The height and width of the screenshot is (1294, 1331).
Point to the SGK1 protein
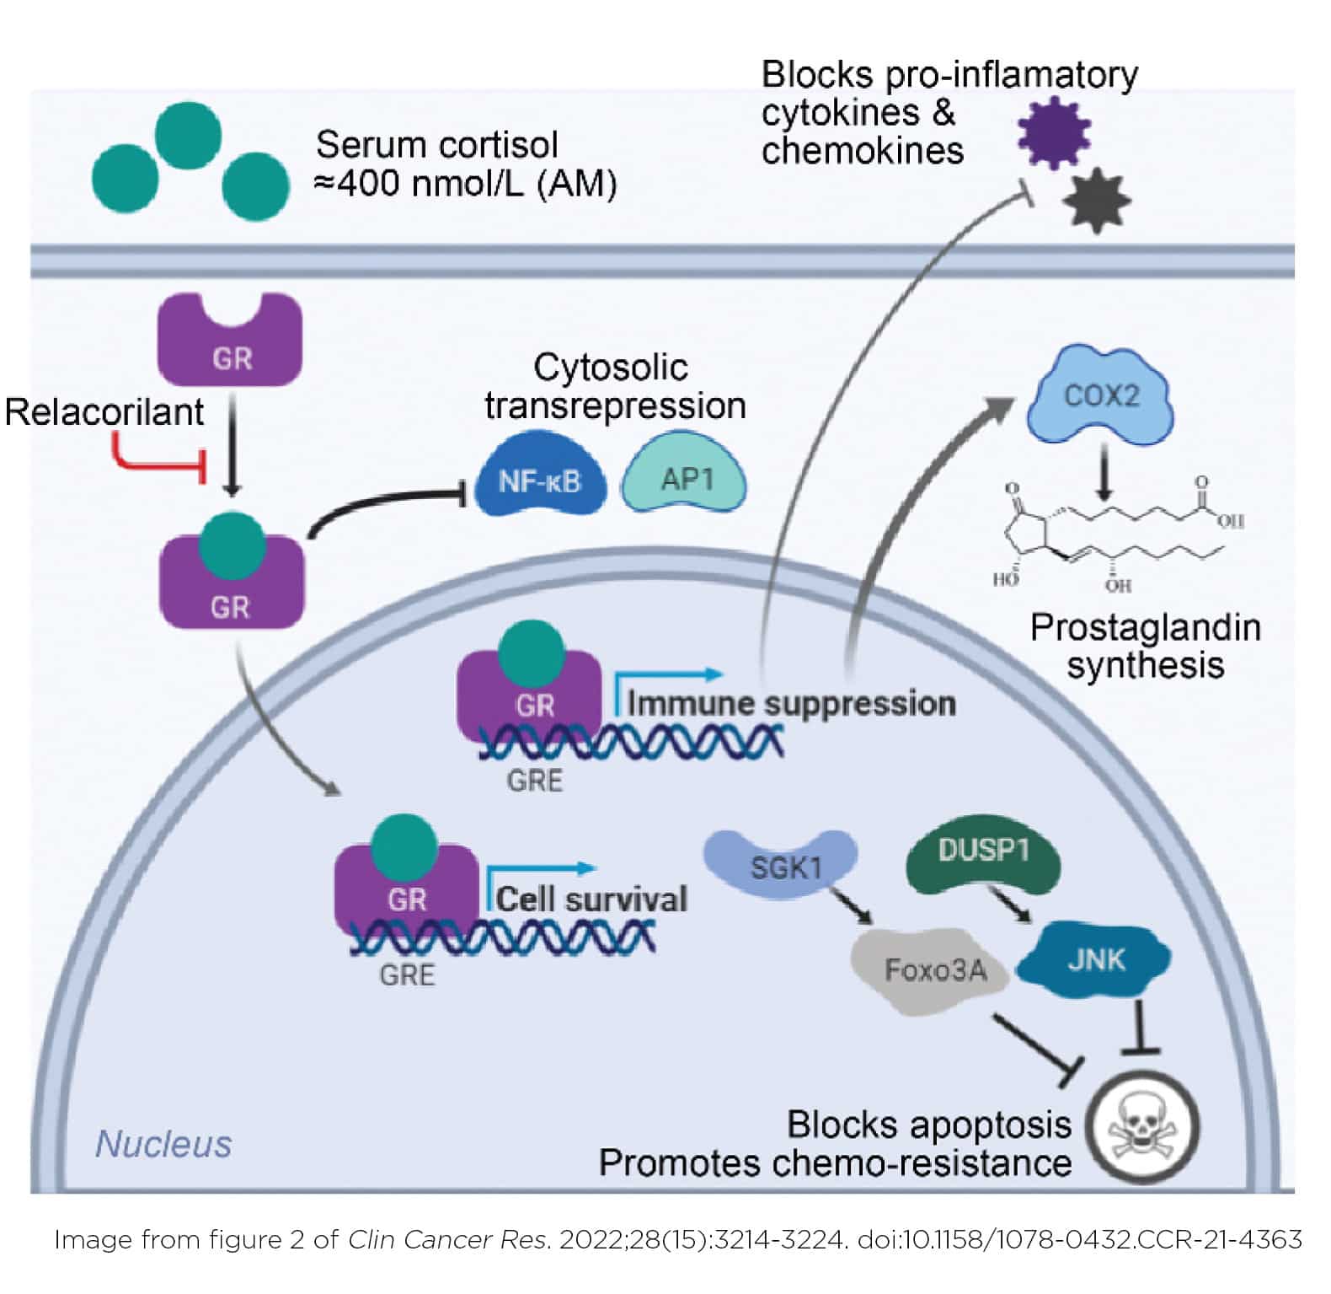pos(780,863)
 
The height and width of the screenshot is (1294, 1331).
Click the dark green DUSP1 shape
pos(982,862)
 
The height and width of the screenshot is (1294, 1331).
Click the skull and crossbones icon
pos(1141,1128)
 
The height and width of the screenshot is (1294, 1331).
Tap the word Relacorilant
pos(104,412)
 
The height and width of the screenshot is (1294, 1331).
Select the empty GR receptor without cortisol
pos(230,340)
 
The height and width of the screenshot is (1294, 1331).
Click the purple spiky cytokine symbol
pos(1054,132)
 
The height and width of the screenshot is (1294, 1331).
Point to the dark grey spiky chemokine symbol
pos(1097,201)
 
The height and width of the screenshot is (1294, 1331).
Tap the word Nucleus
pos(163,1144)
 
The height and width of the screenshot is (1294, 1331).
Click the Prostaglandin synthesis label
pos(1145,647)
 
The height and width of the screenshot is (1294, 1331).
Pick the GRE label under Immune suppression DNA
pos(535,780)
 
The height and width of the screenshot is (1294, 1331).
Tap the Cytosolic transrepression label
pos(614,386)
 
